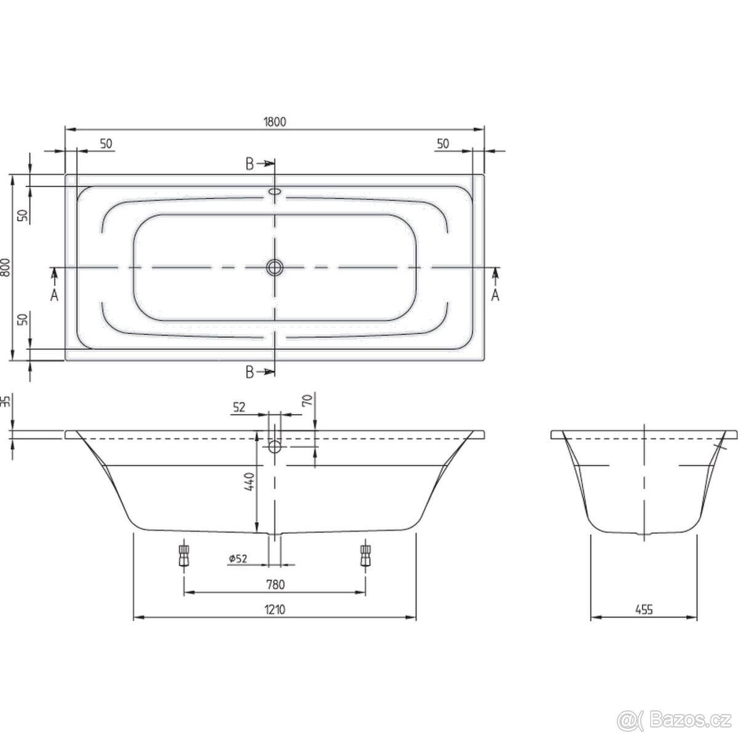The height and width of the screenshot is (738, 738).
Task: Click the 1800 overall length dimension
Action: click(x=276, y=122)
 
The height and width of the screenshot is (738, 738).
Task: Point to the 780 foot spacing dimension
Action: click(x=275, y=584)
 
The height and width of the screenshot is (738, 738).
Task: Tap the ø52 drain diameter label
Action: click(x=237, y=558)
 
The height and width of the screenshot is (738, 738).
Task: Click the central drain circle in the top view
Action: click(x=275, y=268)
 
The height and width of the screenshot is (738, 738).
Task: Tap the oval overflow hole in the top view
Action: click(x=275, y=192)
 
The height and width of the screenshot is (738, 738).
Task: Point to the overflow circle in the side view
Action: click(x=275, y=446)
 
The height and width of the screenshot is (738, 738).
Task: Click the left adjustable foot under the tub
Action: click(x=183, y=556)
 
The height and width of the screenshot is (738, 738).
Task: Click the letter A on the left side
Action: click(x=54, y=296)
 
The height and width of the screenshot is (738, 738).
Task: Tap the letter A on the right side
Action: click(x=495, y=296)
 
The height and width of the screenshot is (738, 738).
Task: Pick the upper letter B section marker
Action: click(x=250, y=163)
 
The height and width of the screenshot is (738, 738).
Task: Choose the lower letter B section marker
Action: click(x=250, y=372)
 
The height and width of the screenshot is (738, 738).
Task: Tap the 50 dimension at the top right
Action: click(x=442, y=143)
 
